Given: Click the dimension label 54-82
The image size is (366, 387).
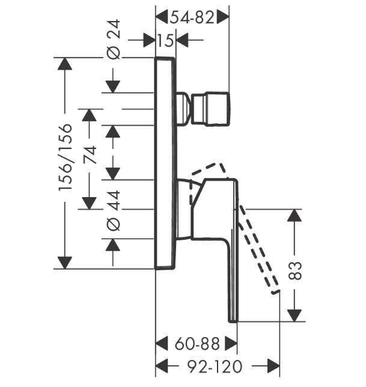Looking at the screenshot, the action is point(192,17).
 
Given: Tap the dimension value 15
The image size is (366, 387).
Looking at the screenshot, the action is point(165,40).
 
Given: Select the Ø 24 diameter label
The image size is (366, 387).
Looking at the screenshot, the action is point(114,40).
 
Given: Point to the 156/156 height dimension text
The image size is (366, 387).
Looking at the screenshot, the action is point(66,157).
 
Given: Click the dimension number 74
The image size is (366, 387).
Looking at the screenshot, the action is point(90,155).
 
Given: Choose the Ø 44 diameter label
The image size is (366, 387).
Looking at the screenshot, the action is point(114,210).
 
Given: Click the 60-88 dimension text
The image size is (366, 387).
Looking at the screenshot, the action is point(197,344).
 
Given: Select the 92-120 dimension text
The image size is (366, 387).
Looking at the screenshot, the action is point(215,367).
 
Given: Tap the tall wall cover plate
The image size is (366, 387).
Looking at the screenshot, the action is point(165,163).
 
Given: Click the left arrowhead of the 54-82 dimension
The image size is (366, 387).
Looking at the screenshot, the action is point(162,17).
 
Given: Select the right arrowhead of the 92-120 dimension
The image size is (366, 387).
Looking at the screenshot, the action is point(273,367).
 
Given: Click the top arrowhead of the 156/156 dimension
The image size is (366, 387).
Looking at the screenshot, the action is point(65,64).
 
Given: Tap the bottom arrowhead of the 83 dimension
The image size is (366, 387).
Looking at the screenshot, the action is point(294,315).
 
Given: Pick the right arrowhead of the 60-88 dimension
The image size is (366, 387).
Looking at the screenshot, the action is point(231,344).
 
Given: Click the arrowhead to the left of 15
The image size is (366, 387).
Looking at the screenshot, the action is point(149,40).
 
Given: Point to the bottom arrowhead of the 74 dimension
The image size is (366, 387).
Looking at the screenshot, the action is point(89,203).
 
